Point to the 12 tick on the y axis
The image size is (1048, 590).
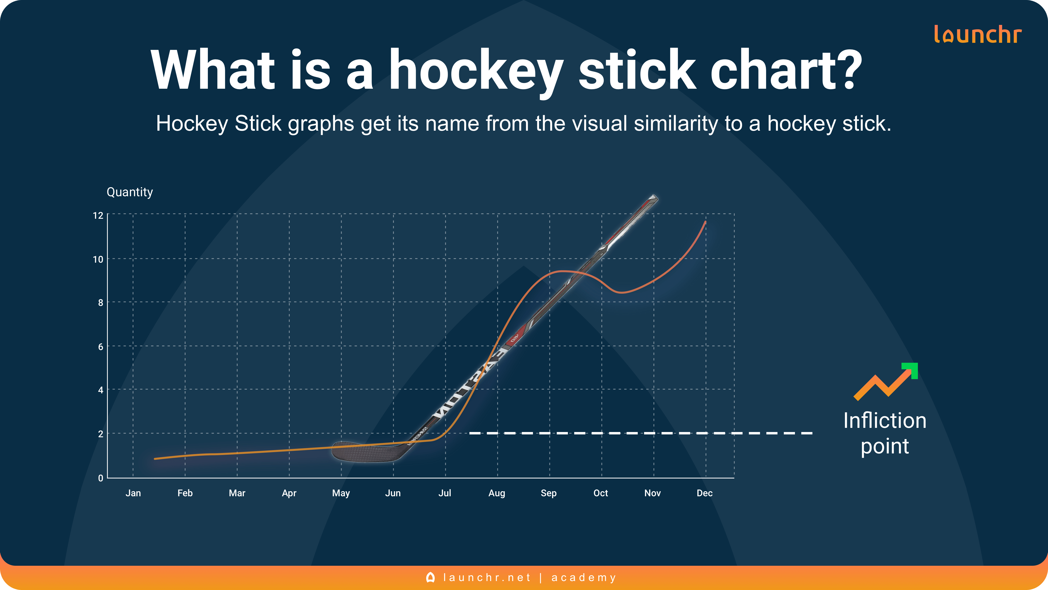pos(98,215)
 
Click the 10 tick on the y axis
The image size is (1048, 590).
pos(98,259)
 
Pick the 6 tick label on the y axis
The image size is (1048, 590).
pos(100,347)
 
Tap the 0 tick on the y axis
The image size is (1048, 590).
pos(100,478)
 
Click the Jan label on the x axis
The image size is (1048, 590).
pos(133,493)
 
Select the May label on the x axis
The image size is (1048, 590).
pos(341,493)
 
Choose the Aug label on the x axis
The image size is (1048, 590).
pos(497,493)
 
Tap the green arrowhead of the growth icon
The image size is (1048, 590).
pos(911,370)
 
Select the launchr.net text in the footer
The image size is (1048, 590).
pos(487,577)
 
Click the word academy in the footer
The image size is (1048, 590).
pos(584,577)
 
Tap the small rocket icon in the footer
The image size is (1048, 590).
pos(430,577)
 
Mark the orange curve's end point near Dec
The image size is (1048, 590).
pos(705,222)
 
